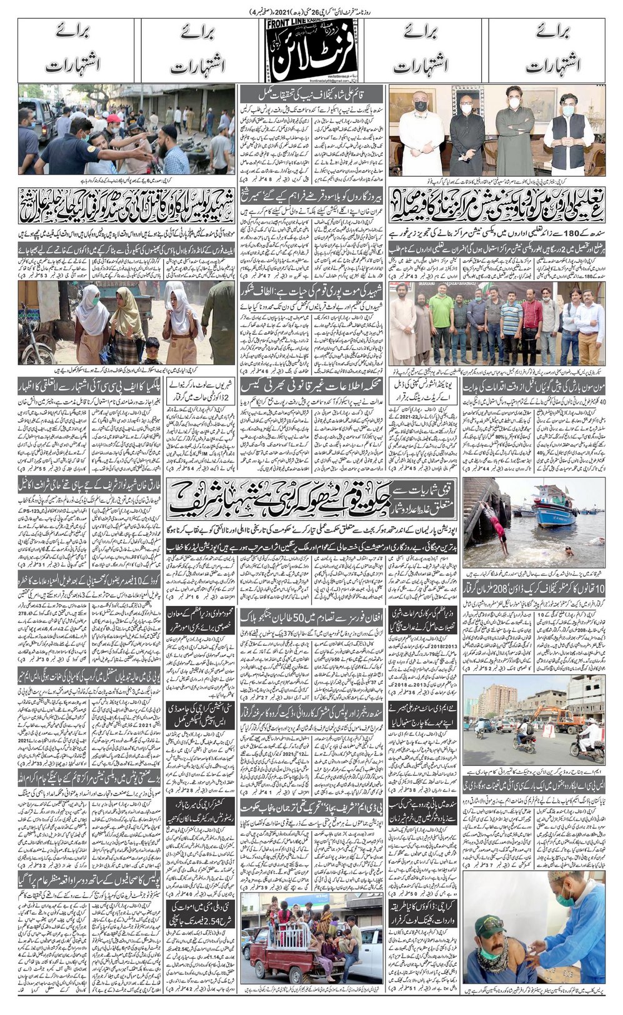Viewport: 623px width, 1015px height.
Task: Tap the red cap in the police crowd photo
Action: click(113, 119)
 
